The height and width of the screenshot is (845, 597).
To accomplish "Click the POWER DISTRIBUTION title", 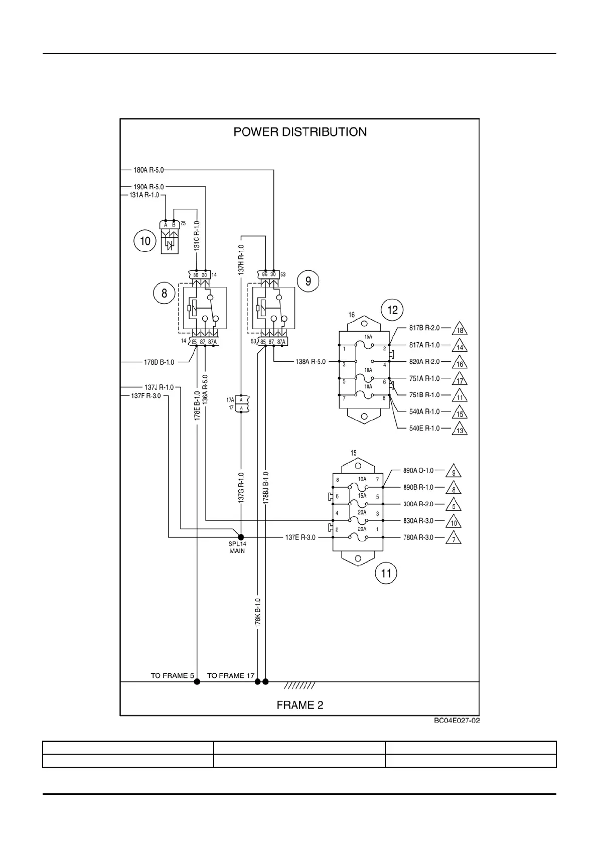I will [x=300, y=132].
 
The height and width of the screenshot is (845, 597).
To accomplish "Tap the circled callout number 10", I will [x=145, y=241].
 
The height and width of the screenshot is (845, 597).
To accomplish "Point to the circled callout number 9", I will [x=308, y=281].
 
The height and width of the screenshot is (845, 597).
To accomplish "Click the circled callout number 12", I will [x=392, y=310].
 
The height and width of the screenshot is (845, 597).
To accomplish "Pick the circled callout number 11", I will [x=386, y=573].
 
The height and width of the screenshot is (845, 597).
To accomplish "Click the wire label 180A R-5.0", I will [x=148, y=170].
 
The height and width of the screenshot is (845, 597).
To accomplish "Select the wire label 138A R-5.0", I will [x=311, y=362].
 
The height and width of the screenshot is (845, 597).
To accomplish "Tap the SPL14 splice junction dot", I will [x=241, y=537].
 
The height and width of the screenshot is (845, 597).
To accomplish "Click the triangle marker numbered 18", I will [x=460, y=330].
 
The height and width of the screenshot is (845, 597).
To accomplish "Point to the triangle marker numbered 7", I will [x=453, y=539].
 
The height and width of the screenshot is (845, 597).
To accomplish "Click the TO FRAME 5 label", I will [x=172, y=675].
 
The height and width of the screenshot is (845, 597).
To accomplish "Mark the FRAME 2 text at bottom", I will [x=300, y=705].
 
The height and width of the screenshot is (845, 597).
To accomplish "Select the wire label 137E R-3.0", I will [x=301, y=537].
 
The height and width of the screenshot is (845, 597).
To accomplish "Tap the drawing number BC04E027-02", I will [x=457, y=721].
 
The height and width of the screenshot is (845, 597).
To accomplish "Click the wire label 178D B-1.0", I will [x=159, y=362].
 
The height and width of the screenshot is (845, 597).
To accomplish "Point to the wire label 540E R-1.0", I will [x=424, y=428].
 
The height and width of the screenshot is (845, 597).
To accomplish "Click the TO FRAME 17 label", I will [x=231, y=675].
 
